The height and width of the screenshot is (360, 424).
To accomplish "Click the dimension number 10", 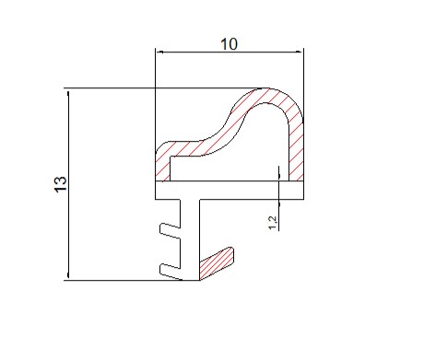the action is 230,44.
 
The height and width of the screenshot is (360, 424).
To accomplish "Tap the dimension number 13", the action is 61,184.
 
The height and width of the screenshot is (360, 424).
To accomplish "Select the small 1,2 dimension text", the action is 273,223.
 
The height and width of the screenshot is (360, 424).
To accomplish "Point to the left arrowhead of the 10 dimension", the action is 159,52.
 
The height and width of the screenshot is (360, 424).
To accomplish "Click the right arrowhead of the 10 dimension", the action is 300,52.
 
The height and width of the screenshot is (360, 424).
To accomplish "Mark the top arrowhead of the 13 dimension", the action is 68,94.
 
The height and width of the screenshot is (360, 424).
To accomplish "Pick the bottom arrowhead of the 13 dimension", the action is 68,274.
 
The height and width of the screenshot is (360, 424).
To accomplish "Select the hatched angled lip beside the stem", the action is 217,263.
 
